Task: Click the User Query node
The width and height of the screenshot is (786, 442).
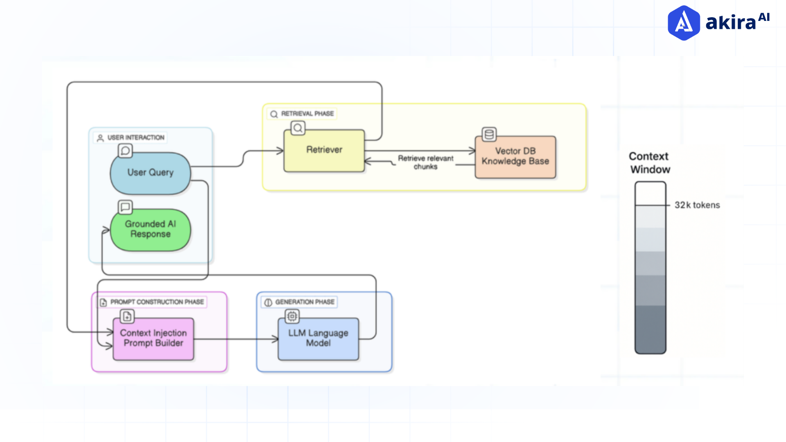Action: [x=150, y=173]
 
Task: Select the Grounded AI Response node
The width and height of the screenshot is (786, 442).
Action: [x=150, y=229]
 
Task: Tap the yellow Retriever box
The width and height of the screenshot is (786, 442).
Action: [x=324, y=150]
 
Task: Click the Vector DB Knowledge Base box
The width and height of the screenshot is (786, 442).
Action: [x=515, y=157]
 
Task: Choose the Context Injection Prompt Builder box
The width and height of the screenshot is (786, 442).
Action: [x=153, y=338]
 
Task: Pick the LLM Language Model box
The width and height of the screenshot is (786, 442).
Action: [x=318, y=338]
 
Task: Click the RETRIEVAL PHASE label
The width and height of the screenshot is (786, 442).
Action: [x=307, y=114]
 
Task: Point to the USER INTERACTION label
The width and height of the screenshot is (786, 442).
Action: [x=136, y=138]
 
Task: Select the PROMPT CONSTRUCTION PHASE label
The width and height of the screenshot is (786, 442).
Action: [x=157, y=302]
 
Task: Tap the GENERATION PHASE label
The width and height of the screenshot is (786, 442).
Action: [x=305, y=302]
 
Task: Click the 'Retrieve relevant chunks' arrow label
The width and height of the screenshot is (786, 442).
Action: [x=425, y=162]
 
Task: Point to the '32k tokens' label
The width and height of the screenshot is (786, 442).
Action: [x=697, y=205]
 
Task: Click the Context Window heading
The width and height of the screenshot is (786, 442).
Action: [x=649, y=163]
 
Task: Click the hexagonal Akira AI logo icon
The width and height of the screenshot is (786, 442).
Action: [x=683, y=23]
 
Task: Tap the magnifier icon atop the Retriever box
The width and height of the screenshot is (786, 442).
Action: [x=298, y=128]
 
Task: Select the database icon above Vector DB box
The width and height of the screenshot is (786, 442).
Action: [x=489, y=134]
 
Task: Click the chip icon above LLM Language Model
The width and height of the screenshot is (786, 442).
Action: [x=292, y=316]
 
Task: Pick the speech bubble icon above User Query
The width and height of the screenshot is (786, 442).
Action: [x=125, y=151]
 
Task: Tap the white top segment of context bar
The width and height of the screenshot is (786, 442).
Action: [x=650, y=194]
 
